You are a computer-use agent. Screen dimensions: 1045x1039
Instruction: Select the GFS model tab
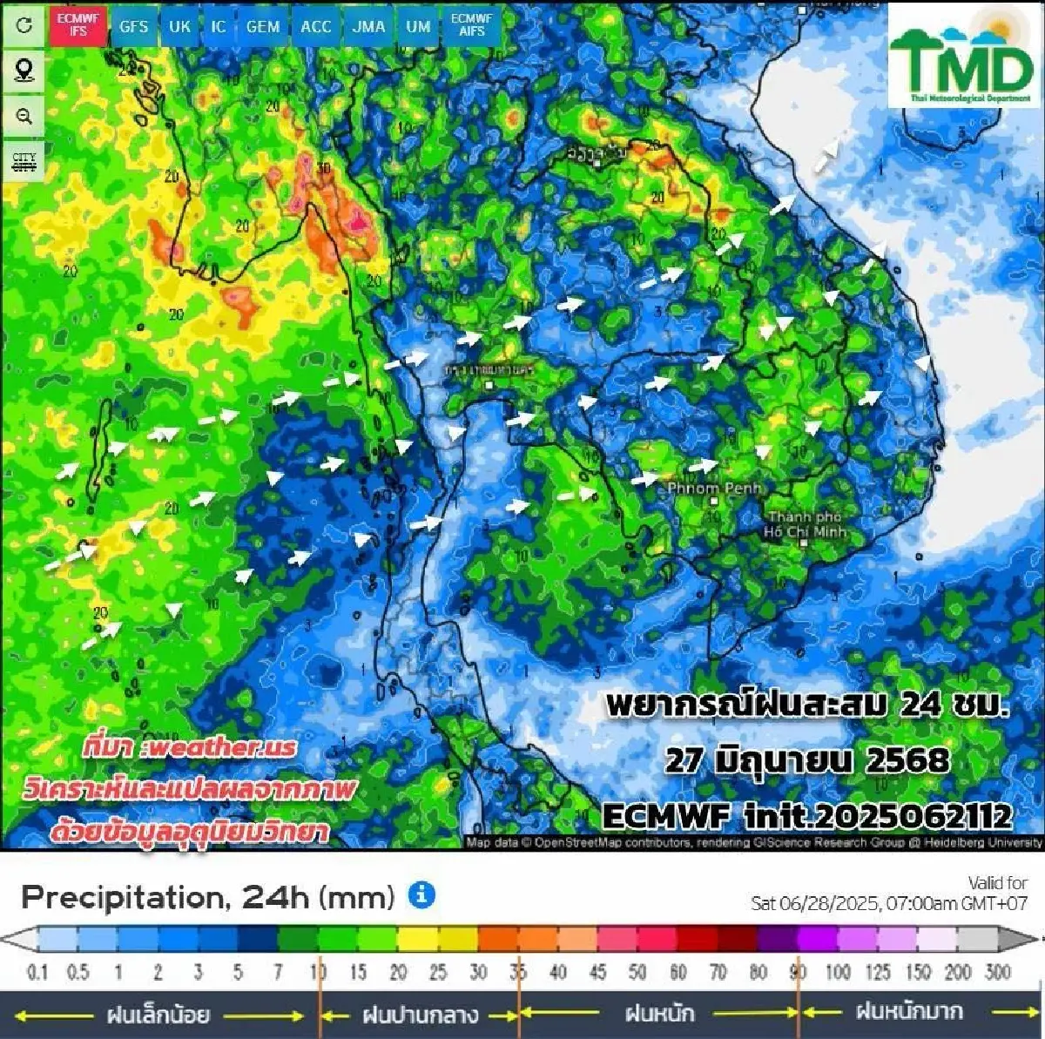point(133,26)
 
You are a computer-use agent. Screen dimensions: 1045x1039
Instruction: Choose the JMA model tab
point(368,26)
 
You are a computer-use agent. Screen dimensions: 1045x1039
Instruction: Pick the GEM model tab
point(263,26)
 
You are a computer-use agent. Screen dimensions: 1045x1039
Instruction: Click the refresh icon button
point(24,24)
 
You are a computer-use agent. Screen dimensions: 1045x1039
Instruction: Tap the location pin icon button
point(24,70)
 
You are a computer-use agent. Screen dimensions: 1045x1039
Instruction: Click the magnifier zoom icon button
point(24,116)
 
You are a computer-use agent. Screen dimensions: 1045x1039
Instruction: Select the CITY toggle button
point(24,162)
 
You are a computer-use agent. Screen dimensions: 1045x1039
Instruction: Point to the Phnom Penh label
point(714,489)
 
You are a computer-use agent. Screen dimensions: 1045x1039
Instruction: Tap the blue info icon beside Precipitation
point(422,894)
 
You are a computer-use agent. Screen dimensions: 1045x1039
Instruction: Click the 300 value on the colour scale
point(997,972)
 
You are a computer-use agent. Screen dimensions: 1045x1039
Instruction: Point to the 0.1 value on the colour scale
point(37,972)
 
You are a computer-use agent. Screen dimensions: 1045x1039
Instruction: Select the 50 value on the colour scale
point(637,972)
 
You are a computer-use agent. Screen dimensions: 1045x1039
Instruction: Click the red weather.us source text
point(190,747)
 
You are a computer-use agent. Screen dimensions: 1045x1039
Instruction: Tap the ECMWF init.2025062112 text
point(807,816)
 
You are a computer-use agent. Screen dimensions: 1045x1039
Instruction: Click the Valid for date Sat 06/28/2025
point(888,903)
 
